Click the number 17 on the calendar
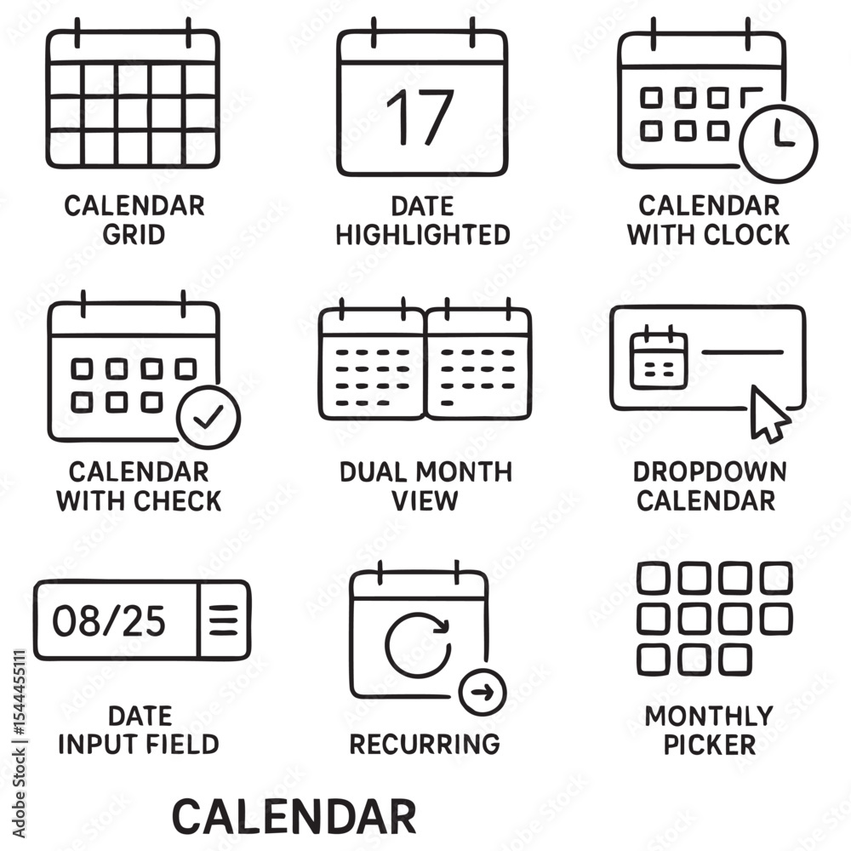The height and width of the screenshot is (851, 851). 420,117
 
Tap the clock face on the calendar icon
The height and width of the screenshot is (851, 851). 779,143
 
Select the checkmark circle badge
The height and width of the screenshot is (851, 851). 208,417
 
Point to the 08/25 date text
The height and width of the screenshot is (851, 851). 109,621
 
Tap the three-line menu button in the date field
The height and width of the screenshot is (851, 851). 224,620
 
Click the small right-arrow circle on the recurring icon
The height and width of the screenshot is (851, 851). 483,692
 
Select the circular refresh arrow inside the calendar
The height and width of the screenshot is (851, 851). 418,645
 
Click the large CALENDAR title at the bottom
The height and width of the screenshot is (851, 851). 294,816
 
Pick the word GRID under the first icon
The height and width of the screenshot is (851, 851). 134,235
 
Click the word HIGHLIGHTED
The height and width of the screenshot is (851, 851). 423,235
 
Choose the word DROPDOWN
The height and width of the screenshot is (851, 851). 710,472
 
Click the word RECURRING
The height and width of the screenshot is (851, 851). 425,744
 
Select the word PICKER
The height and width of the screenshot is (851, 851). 710,745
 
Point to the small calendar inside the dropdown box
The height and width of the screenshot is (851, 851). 659,357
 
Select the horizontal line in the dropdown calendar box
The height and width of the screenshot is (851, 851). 742,352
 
